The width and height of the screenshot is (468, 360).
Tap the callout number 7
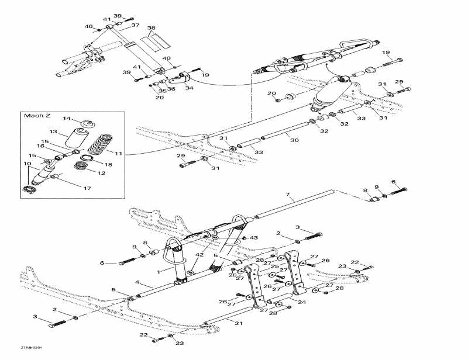[287, 194]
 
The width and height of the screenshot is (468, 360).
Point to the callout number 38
[152, 28]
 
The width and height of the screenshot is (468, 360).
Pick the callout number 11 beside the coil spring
[119, 153]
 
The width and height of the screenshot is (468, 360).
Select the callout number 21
[238, 323]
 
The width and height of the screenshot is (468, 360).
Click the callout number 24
[302, 302]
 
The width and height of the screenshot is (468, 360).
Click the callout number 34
[188, 88]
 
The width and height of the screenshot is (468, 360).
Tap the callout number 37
[135, 25]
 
